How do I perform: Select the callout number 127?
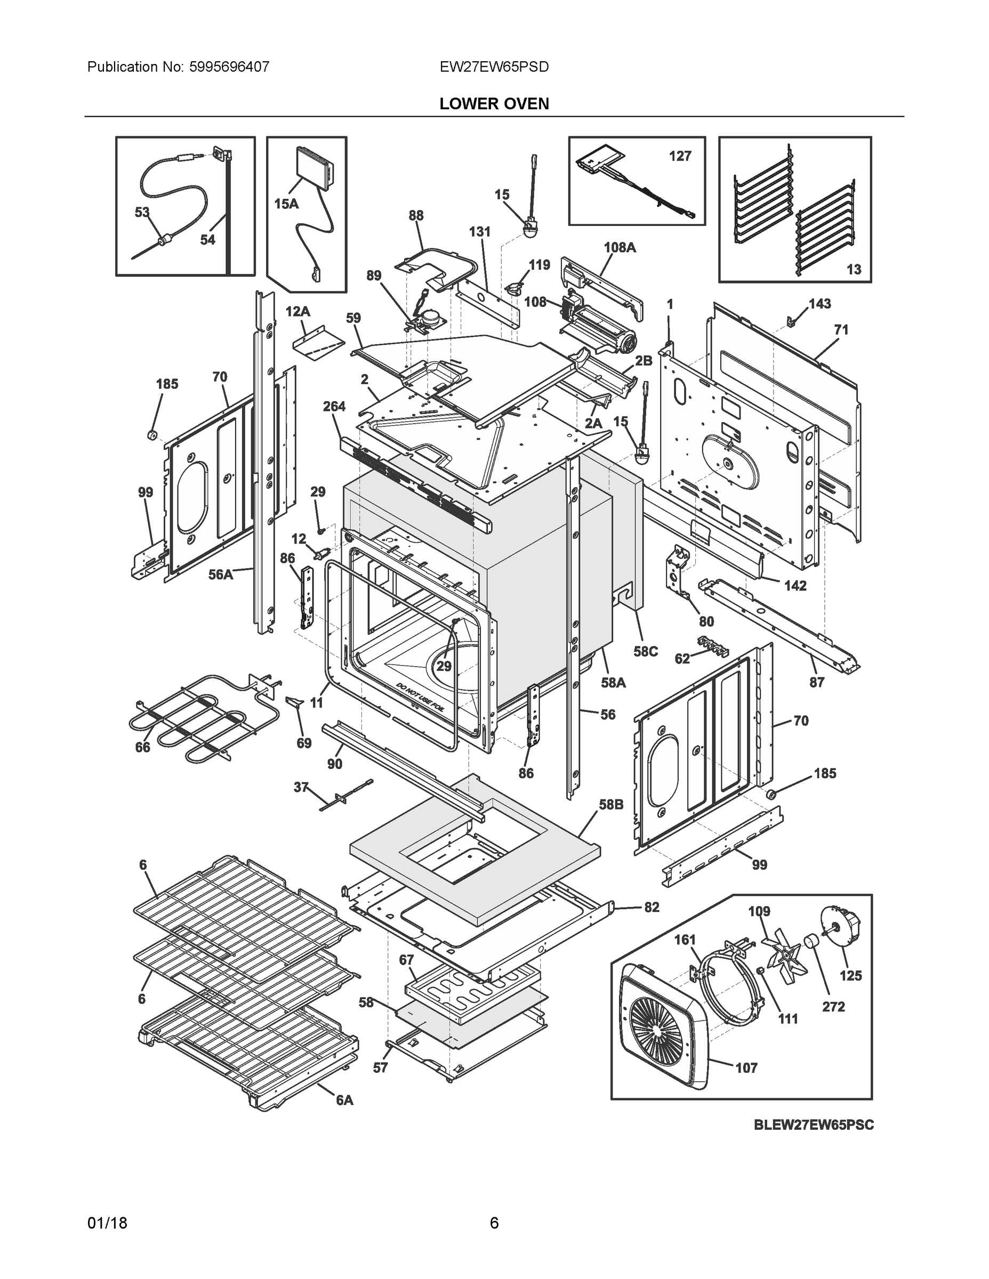(680, 156)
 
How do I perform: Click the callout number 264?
(334, 407)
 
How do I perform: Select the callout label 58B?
(610, 805)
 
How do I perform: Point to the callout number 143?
(819, 303)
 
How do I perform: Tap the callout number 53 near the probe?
(142, 212)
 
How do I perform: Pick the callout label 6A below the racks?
(344, 1100)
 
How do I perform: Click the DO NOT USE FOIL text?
(420, 697)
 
